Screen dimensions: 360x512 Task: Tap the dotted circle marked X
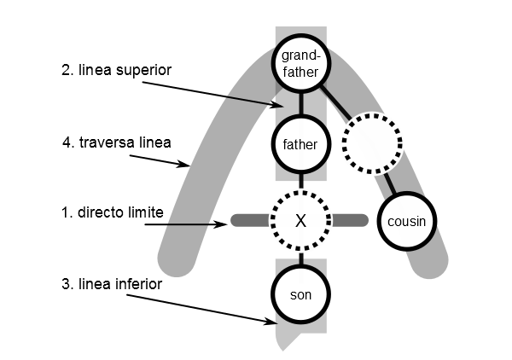click(300, 220)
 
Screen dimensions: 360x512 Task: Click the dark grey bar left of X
click(250, 221)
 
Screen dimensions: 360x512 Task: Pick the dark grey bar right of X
click(350, 221)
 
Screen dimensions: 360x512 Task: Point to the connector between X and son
click(300, 257)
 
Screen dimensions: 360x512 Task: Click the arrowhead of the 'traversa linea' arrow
click(189, 166)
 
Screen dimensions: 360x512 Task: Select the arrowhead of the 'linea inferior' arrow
click(275, 322)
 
